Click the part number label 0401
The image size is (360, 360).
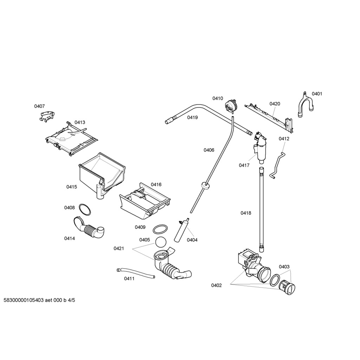[317, 94]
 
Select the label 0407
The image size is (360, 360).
[39, 106]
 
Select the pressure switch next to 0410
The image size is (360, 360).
[231, 104]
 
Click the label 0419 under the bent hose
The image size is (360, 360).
[192, 117]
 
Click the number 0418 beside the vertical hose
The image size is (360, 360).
[246, 213]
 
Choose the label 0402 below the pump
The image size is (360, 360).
[216, 285]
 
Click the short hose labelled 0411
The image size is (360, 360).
[135, 273]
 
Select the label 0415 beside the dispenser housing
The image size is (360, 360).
[72, 187]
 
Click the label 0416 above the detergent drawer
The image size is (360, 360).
[156, 185]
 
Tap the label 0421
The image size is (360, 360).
[119, 249]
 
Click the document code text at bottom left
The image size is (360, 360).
[39, 300]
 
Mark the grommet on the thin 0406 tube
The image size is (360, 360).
[204, 185]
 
